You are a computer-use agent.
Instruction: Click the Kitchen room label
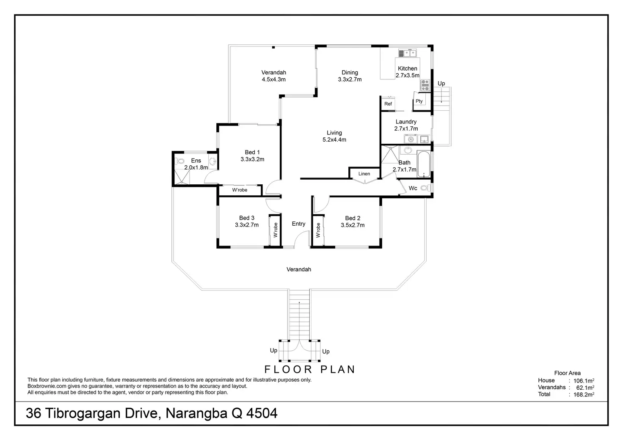[407, 68]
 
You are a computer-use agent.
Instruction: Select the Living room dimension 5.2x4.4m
[334, 140]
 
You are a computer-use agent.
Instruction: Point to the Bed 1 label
[252, 152]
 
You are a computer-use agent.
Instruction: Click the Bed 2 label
[353, 218]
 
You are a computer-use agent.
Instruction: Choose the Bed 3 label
[247, 218]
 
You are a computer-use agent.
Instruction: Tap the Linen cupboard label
[364, 174]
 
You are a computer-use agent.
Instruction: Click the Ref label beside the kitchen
[388, 104]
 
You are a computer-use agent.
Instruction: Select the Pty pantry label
[419, 101]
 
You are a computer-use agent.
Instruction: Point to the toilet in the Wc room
[425, 188]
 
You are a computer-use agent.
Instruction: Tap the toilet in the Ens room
[180, 161]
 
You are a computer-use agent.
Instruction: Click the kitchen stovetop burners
[425, 86]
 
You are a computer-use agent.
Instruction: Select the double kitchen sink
[407, 53]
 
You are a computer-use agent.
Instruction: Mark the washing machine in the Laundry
[410, 139]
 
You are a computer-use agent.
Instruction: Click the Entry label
[298, 224]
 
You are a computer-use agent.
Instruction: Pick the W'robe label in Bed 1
[240, 190]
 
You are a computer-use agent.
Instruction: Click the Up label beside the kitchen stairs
[441, 84]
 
